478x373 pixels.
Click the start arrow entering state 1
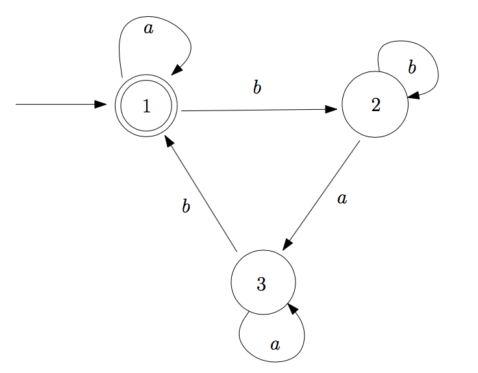[x=58, y=104]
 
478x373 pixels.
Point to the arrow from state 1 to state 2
[x=260, y=110]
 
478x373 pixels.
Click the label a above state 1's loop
[x=148, y=29]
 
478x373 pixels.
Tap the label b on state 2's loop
[x=412, y=67]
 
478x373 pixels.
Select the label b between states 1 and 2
[x=257, y=88]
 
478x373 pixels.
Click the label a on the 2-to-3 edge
[x=342, y=199]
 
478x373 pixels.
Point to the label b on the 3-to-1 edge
[x=186, y=208]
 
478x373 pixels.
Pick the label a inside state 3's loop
[x=275, y=344]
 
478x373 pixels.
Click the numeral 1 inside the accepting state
[x=147, y=107]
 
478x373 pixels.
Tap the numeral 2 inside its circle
[x=375, y=106]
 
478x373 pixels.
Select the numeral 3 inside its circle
[x=261, y=284]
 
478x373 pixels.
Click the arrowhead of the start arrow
[x=101, y=104]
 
